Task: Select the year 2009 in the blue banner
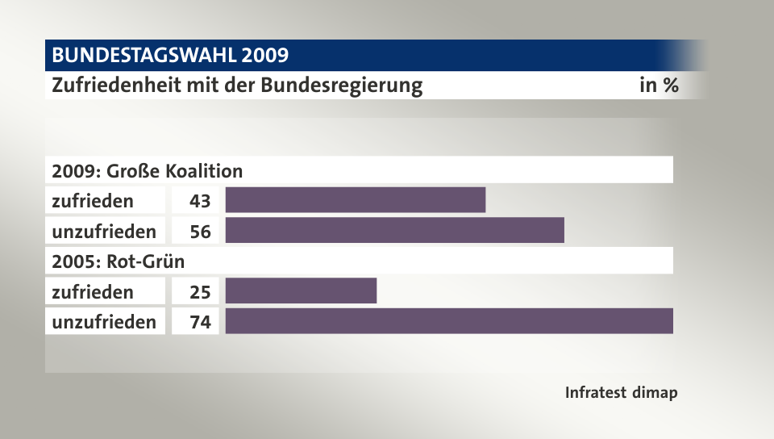(x=263, y=56)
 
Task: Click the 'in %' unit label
(x=658, y=86)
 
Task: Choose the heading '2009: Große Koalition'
(x=147, y=171)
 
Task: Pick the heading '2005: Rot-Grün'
(x=118, y=261)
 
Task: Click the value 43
(x=200, y=200)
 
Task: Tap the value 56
(x=200, y=232)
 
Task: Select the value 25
(x=200, y=291)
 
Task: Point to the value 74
(x=200, y=322)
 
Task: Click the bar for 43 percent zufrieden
(x=355, y=200)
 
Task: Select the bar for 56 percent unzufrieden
(x=394, y=231)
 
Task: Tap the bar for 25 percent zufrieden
(x=301, y=291)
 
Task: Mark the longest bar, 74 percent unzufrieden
(x=449, y=321)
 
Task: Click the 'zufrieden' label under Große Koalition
(x=93, y=200)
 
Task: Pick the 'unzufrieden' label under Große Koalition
(x=104, y=232)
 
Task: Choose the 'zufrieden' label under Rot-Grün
(x=93, y=291)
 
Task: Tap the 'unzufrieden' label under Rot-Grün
(x=104, y=322)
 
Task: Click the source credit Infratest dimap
(x=621, y=393)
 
